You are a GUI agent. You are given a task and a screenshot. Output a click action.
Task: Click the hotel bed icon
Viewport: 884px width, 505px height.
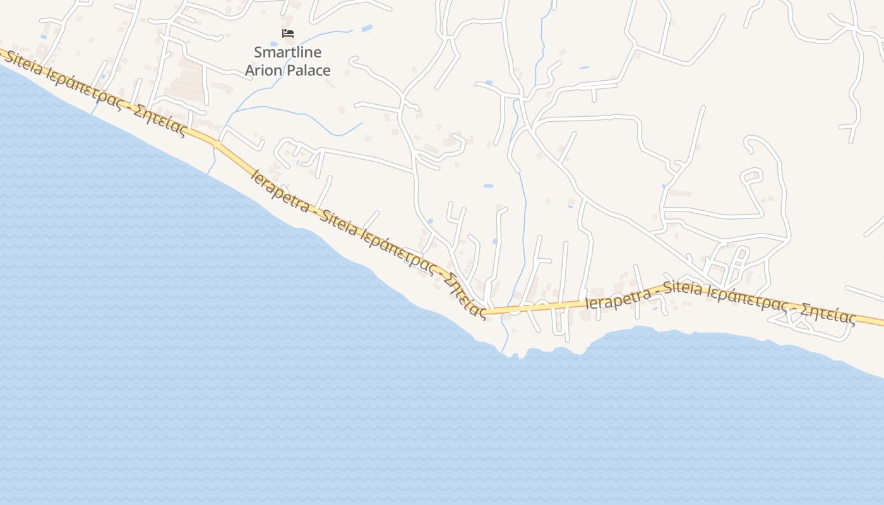[288, 33]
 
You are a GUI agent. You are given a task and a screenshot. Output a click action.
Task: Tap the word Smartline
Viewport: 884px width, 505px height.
[287, 52]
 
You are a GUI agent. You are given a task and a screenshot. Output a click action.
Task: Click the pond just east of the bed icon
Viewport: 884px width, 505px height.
[366, 28]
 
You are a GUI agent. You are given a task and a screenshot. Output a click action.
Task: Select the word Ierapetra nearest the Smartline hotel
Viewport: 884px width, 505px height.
[279, 190]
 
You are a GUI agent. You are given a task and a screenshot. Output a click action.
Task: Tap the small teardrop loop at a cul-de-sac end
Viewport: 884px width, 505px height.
[750, 175]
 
